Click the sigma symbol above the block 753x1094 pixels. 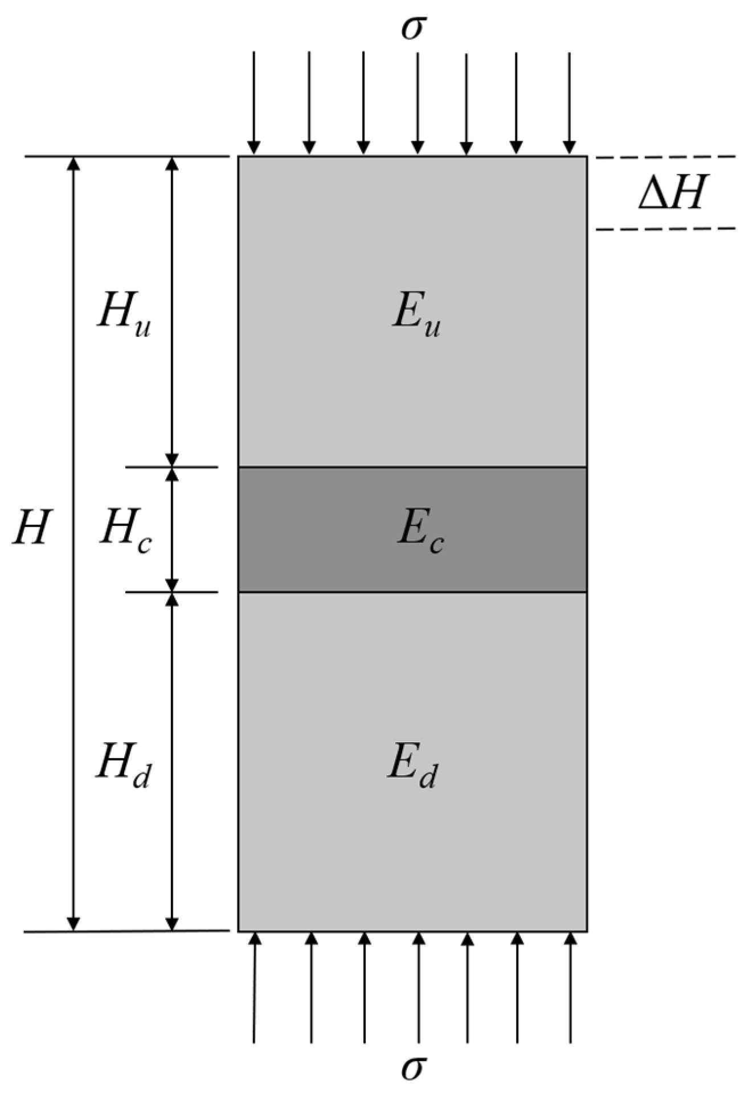(414, 28)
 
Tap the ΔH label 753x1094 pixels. (671, 194)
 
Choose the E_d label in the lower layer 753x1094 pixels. (413, 766)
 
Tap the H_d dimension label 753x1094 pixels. (123, 766)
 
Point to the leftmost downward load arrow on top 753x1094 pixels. (254, 102)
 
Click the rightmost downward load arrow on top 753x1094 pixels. (569, 102)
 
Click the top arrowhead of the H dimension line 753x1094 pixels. (73, 163)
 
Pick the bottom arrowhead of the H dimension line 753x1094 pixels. (73, 923)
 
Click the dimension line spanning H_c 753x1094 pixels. (172, 530)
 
